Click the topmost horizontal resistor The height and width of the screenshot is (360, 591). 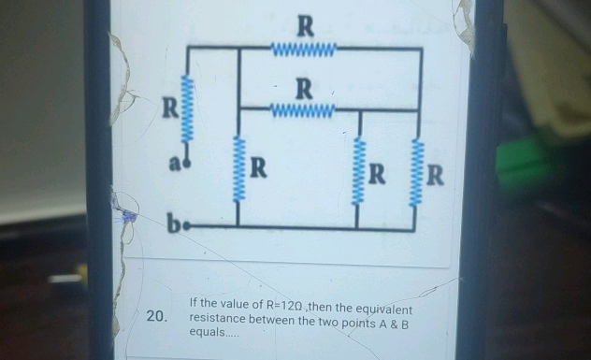[x=302, y=47]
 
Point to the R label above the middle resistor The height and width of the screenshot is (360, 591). [x=304, y=90]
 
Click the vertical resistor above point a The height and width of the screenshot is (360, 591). [x=189, y=108]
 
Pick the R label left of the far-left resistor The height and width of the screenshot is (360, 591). [x=169, y=107]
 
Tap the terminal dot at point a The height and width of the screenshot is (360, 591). [x=189, y=162]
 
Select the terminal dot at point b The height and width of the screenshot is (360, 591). [x=189, y=225]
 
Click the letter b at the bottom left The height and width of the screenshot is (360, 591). [x=174, y=224]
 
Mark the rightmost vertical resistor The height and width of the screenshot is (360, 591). [x=418, y=172]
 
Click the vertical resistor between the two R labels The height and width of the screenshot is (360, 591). [x=359, y=173]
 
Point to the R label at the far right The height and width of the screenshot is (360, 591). [x=437, y=174]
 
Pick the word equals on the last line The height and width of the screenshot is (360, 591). [x=207, y=333]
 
